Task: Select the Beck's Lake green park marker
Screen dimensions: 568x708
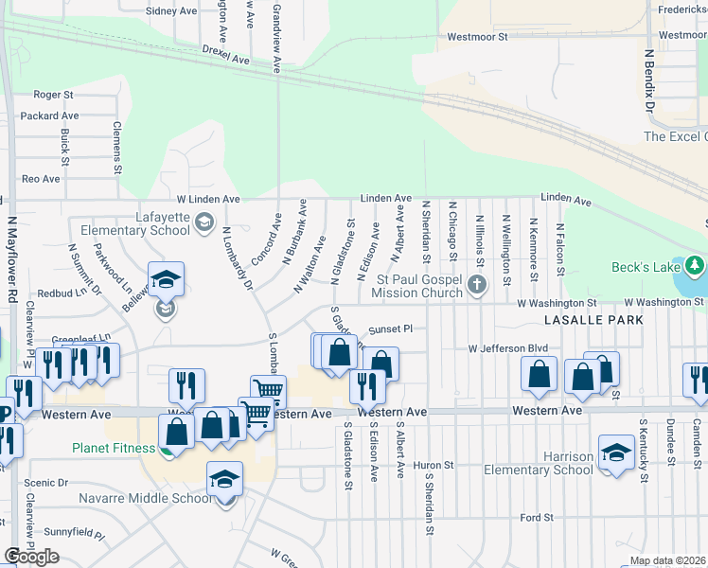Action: (696, 263)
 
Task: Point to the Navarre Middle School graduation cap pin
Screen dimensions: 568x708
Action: (224, 480)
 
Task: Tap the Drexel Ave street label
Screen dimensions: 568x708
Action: (225, 54)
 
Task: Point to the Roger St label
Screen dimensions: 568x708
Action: (53, 95)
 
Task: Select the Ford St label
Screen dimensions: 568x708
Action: (537, 518)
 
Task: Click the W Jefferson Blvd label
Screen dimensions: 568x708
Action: (509, 348)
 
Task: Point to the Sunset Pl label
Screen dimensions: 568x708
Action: (391, 330)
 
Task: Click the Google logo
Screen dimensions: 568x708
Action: (31, 557)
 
